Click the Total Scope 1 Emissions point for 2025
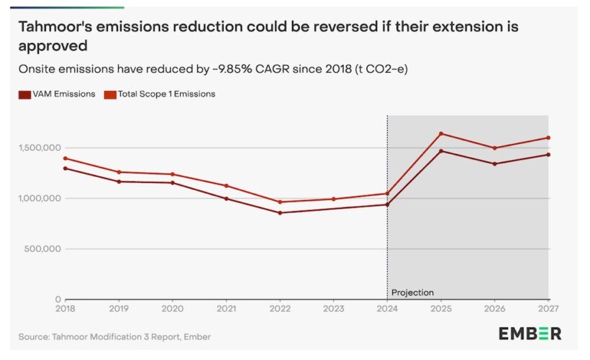coord(441,133)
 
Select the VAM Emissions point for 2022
coord(280,212)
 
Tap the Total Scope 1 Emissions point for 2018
coord(65,158)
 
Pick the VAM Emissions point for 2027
coord(548,154)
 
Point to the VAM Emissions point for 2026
coord(494,163)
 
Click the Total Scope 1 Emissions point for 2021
coord(227,186)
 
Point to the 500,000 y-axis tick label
coord(42,249)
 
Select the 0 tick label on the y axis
coord(57,300)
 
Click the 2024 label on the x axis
coord(387,307)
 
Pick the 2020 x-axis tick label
coord(173,307)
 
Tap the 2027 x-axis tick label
coord(548,307)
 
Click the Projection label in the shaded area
coord(412,292)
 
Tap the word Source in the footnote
coord(34,336)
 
